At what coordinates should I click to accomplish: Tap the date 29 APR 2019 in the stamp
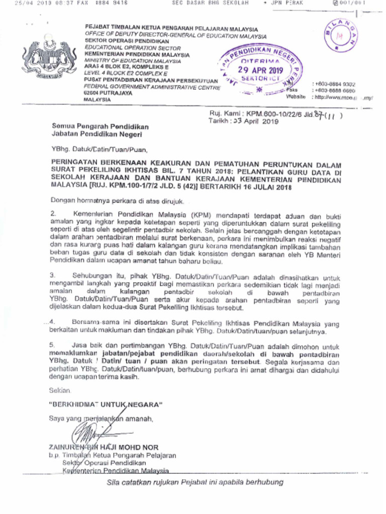click(262, 71)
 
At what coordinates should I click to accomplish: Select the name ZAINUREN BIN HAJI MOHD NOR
click(103, 447)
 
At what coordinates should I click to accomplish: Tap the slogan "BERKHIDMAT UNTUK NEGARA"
click(105, 404)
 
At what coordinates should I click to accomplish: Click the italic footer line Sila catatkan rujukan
click(195, 482)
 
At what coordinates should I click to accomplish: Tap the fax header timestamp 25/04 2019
click(33, 3)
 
